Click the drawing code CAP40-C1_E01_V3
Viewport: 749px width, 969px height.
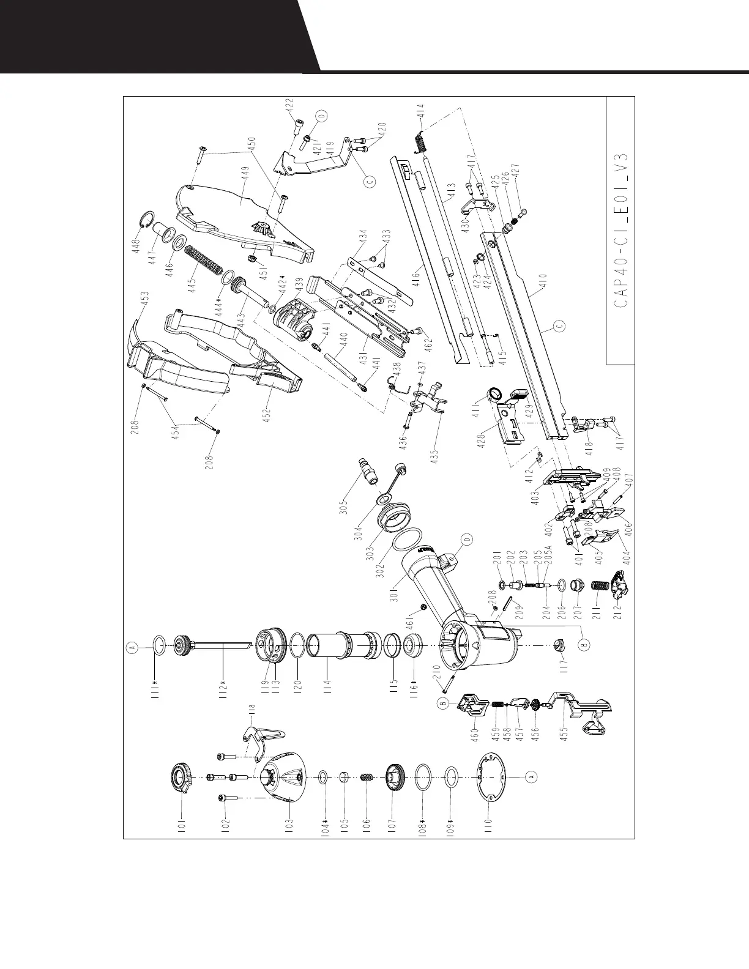[x=620, y=230]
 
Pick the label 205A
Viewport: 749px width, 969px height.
[x=548, y=555]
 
